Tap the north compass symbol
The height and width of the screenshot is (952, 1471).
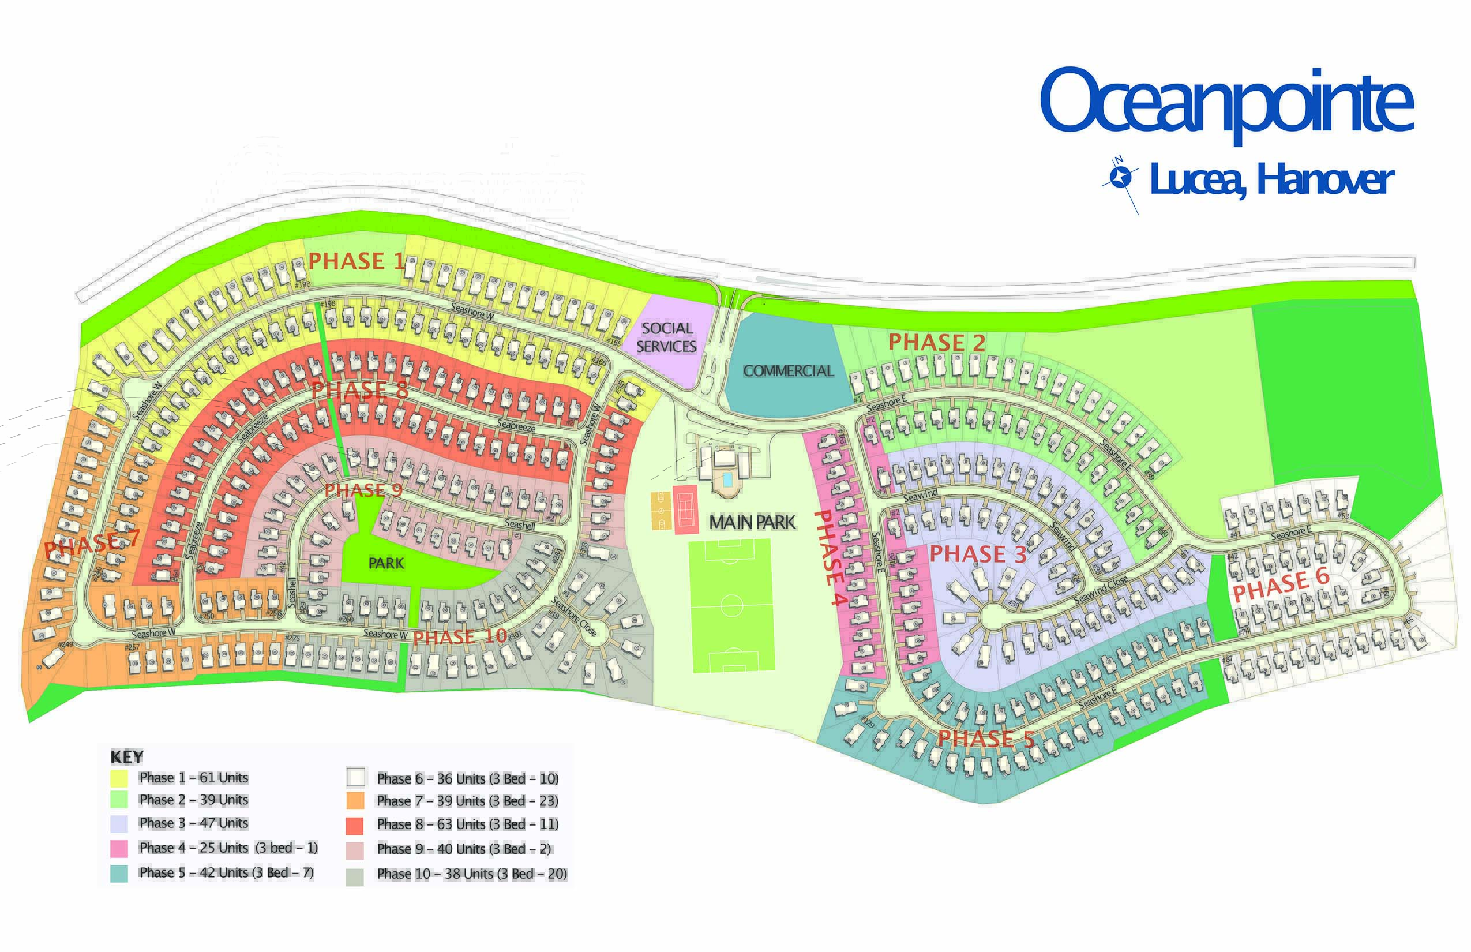1120,178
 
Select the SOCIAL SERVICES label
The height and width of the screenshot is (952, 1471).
667,337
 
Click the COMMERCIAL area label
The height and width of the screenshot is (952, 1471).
788,371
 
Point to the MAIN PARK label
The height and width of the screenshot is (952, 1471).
752,522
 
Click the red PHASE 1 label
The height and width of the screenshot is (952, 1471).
356,261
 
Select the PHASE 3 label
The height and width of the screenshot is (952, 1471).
978,553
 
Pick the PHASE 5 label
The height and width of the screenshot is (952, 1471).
986,739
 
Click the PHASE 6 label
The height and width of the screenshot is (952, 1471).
1281,583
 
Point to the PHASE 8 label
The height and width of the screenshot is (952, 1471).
360,390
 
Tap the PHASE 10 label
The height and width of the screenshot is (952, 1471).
460,637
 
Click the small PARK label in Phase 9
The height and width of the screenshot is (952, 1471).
386,563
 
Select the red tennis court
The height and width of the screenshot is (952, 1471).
685,509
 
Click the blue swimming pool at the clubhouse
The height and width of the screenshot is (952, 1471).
727,479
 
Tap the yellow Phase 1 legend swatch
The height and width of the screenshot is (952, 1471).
119,778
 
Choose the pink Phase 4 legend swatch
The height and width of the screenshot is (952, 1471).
119,848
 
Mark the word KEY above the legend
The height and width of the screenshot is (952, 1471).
127,756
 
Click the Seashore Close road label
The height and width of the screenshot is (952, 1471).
573,616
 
